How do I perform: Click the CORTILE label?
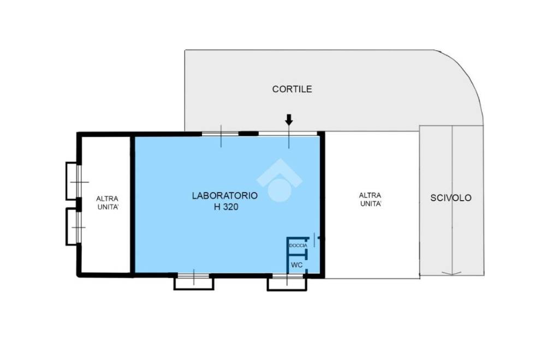(x=292, y=89)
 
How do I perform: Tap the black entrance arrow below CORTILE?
(x=289, y=119)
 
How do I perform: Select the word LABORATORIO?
(x=224, y=195)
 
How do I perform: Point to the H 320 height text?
(x=226, y=207)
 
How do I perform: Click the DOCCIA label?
(x=298, y=245)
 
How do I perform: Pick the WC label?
(x=296, y=265)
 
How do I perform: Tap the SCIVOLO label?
(x=450, y=198)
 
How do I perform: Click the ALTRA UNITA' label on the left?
(x=108, y=202)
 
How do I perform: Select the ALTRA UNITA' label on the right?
(x=370, y=200)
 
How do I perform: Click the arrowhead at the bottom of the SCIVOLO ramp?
(x=451, y=273)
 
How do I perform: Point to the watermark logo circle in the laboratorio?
(x=279, y=189)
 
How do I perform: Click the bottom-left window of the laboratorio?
(x=194, y=281)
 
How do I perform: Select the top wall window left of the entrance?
(x=221, y=134)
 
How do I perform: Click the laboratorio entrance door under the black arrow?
(x=288, y=134)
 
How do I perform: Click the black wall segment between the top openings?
(x=248, y=134)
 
